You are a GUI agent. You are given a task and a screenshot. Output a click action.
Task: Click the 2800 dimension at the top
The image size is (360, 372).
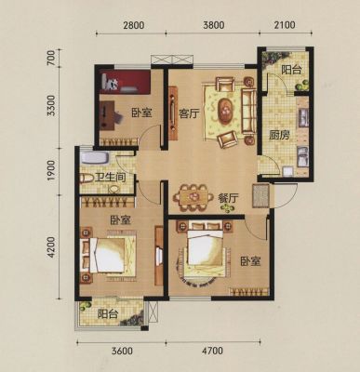[133, 25]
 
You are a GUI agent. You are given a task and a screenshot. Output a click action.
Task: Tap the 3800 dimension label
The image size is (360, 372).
[214, 25]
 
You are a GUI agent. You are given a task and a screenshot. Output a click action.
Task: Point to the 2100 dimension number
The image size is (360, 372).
[285, 24]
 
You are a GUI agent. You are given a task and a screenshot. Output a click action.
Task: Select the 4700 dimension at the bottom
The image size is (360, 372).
[212, 351]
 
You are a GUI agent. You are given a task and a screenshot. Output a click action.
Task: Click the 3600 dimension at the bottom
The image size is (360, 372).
[122, 351]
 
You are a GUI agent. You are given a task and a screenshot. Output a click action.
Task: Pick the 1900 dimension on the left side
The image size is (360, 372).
[51, 171]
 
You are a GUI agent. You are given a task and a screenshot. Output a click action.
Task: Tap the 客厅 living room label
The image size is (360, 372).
[188, 114]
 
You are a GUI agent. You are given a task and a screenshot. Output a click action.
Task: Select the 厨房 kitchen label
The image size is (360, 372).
[279, 136]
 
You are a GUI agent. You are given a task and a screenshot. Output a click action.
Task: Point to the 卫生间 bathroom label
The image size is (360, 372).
[111, 178]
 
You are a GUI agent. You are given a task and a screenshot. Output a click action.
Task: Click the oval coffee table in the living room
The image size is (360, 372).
[225, 111]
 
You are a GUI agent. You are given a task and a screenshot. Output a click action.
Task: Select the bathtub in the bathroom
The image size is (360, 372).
[94, 158]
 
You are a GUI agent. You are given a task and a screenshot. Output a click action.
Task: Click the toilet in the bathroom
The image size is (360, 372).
[87, 179]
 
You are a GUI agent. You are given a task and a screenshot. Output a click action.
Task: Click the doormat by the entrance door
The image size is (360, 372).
[261, 196]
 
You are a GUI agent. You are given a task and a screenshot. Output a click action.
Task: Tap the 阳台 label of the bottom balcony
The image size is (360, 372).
[108, 314]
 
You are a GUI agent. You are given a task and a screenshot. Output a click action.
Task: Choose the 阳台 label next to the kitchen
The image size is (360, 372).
[291, 71]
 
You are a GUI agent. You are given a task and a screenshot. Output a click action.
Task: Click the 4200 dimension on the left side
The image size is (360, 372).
[51, 247]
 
